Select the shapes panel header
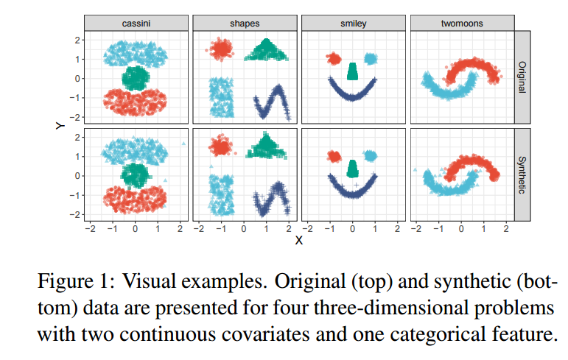(244, 23)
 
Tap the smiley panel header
(353, 23)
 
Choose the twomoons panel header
(461, 23)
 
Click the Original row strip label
(522, 78)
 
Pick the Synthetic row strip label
(522, 175)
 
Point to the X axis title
(298, 240)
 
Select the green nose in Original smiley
(353, 71)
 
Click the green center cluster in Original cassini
(135, 77)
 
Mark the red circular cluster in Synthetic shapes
(220, 146)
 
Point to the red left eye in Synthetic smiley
(334, 156)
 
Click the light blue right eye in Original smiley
(370, 58)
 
